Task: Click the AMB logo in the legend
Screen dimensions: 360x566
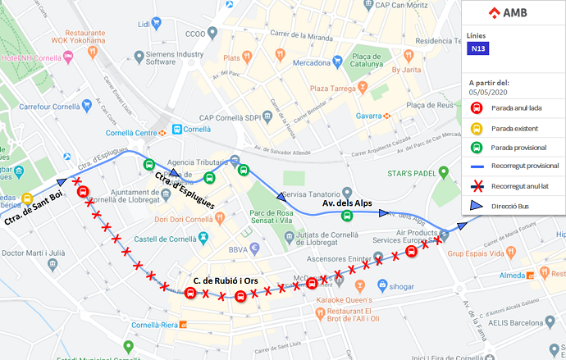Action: (508, 13)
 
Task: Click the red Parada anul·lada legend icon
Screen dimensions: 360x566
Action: (475, 108)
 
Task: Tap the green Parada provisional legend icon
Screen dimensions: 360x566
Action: (475, 148)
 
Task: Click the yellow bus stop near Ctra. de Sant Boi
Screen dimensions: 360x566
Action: (27, 199)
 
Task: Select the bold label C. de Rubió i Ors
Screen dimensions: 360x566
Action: (226, 281)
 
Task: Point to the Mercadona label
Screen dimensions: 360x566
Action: (317, 62)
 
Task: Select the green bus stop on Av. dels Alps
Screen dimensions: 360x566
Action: (348, 216)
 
